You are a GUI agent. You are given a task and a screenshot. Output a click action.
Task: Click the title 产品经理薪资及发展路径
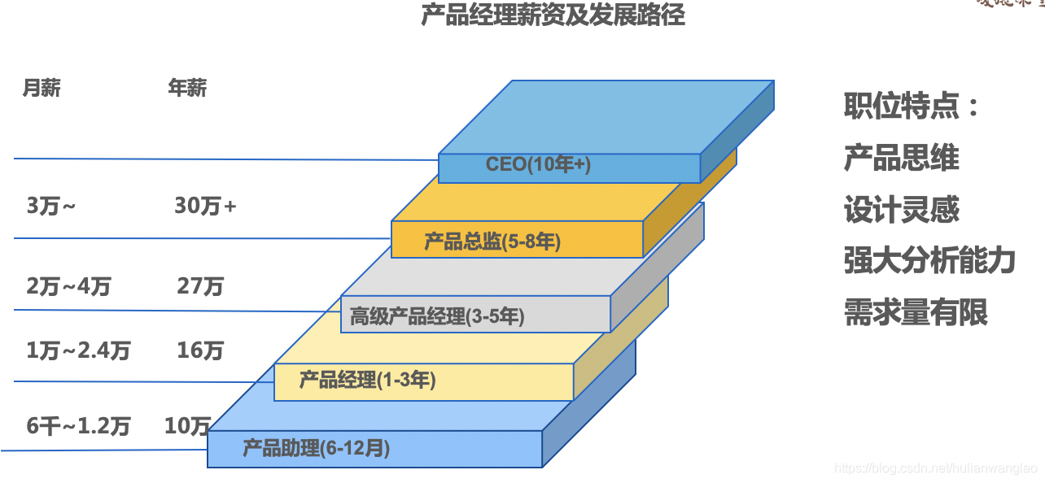553,15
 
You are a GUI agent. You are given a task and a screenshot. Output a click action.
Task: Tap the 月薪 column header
41,88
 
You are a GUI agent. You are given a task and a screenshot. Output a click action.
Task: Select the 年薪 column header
187,88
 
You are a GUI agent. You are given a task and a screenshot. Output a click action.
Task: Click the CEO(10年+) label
538,164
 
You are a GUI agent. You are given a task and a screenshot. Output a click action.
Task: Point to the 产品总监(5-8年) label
492,241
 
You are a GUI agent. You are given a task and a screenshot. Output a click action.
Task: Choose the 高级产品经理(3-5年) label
437,316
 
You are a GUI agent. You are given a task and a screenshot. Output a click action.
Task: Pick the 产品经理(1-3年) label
367,380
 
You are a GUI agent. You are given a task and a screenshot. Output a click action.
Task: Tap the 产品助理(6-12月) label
316,448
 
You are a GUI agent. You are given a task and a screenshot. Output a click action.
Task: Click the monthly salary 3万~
51,207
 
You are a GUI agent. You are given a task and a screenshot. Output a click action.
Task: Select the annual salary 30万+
205,207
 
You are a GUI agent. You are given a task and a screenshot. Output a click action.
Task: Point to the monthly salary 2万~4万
68,286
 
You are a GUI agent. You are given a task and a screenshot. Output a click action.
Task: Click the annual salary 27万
200,286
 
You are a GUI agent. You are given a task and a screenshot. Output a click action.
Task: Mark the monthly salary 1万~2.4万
78,350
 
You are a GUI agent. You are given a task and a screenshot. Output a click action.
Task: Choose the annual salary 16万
200,350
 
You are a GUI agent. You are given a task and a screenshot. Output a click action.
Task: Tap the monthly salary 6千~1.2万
78,425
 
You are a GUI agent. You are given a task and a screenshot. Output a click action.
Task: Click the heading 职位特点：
912,107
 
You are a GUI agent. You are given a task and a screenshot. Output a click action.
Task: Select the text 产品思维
901,158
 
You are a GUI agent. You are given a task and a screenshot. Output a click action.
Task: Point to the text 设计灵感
901,210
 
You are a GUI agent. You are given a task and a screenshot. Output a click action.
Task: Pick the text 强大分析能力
929,261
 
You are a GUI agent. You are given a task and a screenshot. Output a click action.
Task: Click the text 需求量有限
916,312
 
